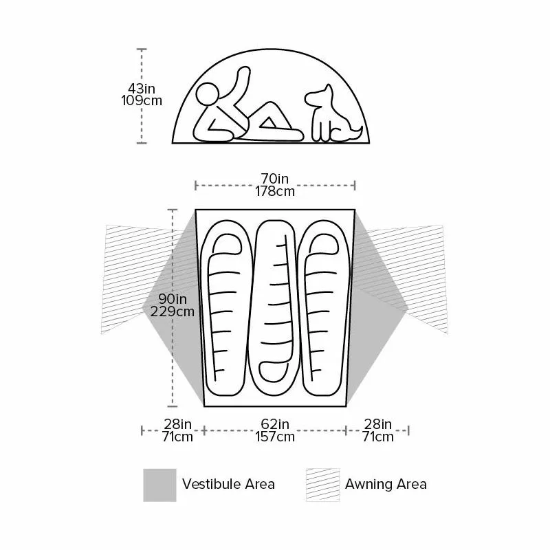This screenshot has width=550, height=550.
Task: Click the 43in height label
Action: tap(142, 89)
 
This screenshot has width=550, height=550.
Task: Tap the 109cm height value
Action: tap(142, 100)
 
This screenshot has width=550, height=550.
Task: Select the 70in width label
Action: tap(274, 179)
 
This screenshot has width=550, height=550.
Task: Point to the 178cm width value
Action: tap(274, 191)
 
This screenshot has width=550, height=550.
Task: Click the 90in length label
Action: tap(173, 299)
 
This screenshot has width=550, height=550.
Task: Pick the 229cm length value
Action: tap(173, 311)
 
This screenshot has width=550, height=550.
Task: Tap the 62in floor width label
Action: tap(274, 424)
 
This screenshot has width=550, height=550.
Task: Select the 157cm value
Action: tap(274, 437)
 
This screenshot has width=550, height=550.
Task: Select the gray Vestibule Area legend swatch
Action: tap(159, 485)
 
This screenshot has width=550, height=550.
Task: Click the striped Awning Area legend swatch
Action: tap(322, 485)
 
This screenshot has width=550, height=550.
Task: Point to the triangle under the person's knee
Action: tap(269, 123)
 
